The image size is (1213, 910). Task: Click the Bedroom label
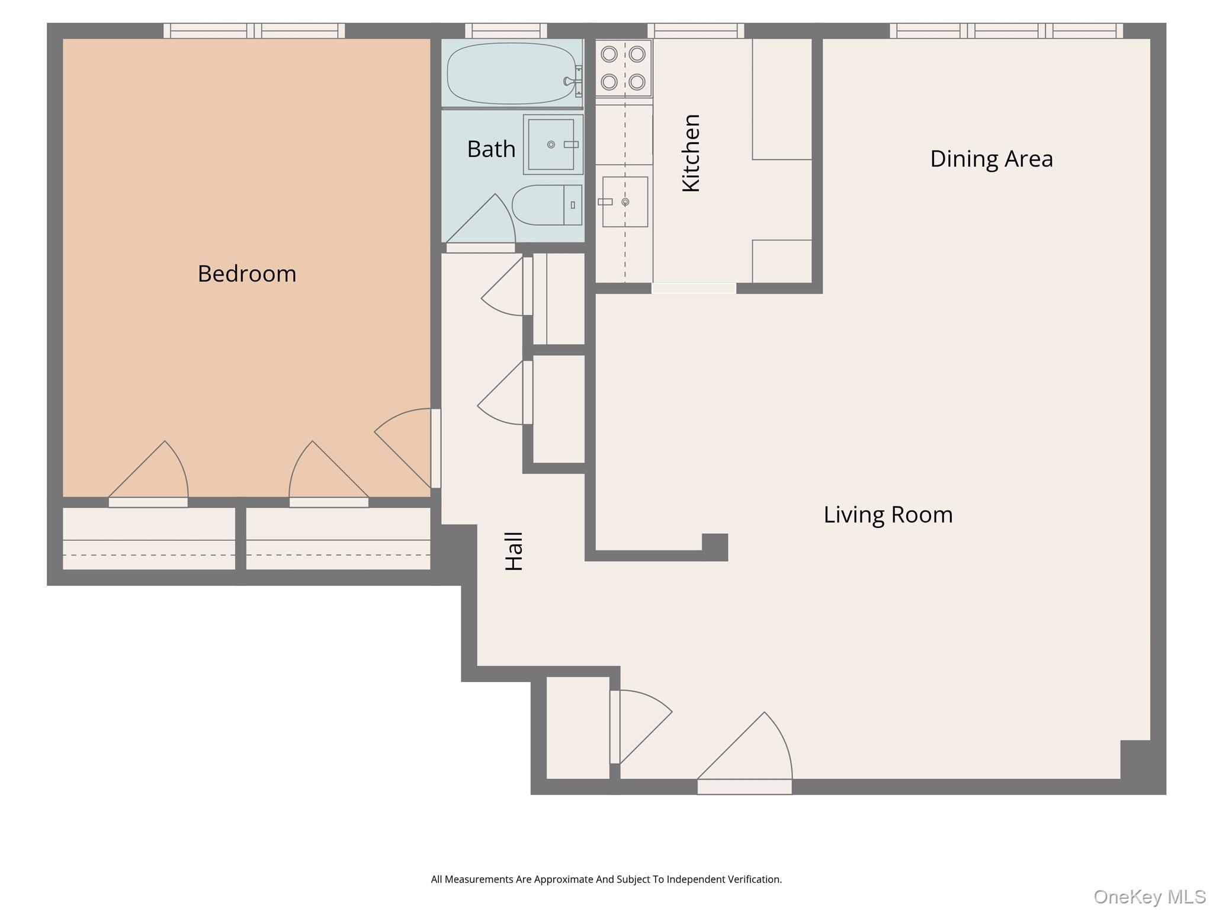(247, 274)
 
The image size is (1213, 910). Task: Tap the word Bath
(491, 149)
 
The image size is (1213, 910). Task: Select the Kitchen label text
(691, 153)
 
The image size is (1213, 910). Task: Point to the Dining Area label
(991, 159)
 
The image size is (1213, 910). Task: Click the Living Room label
(888, 514)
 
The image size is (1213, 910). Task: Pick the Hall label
(514, 551)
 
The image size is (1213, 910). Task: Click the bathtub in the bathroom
(511, 73)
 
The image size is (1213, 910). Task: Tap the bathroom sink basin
(551, 145)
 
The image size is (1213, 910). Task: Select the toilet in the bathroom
(547, 205)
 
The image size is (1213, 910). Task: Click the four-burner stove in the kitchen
(623, 68)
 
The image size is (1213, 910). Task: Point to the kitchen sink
(625, 202)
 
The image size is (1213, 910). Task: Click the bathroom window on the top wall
(506, 30)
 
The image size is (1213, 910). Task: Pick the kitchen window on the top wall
(695, 30)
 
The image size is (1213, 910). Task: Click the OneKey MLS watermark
(1149, 897)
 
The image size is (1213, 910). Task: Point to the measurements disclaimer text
(606, 879)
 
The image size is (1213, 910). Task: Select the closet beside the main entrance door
(577, 728)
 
